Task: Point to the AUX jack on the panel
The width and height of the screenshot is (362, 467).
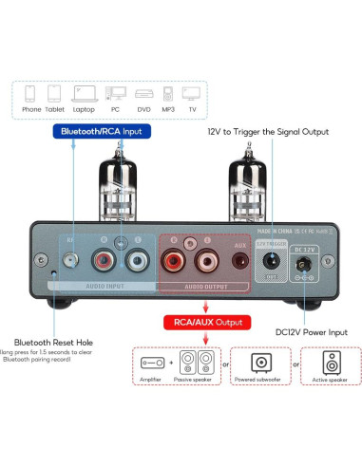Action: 239,261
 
